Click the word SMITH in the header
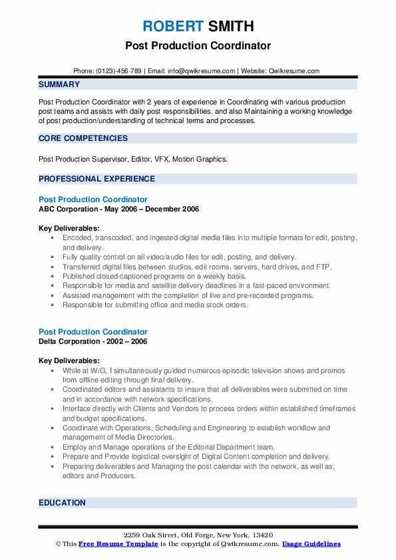pos(230,27)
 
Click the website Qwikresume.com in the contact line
pos(294,70)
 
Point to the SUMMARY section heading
pos(59,84)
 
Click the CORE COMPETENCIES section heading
pos(83,138)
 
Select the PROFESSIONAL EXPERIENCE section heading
pos(97,179)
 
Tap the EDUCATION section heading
pos(62,503)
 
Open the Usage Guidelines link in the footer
pos(311,544)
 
